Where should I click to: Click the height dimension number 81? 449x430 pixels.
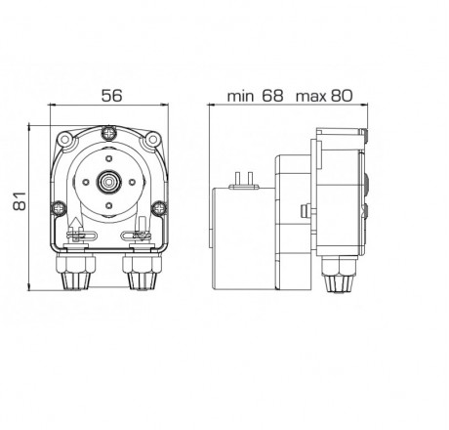pyautogui.click(x=17, y=203)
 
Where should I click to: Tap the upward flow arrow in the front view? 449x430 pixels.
pyautogui.click(x=78, y=229)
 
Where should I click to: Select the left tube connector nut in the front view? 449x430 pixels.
pyautogui.click(x=76, y=276)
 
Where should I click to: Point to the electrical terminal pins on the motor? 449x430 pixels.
pyautogui.click(x=244, y=175)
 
